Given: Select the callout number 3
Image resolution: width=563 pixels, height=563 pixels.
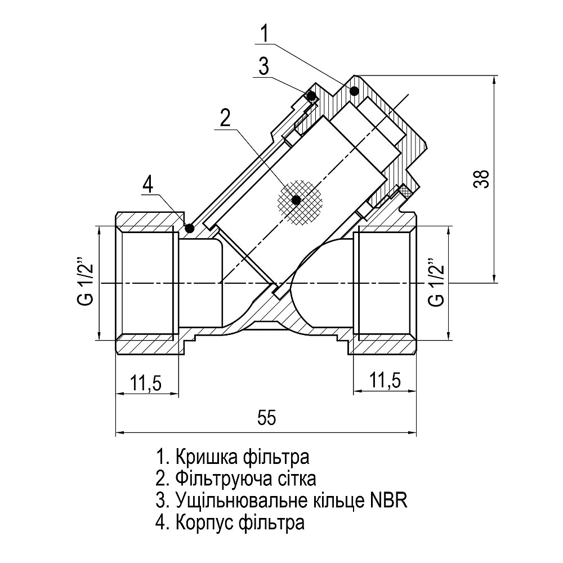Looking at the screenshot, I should click(x=263, y=66).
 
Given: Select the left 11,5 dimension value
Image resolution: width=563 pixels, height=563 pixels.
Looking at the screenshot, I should click(x=146, y=382).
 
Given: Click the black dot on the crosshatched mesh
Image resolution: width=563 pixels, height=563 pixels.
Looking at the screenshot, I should click(x=297, y=200).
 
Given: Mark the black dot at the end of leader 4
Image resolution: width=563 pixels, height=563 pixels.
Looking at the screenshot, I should click(x=190, y=228).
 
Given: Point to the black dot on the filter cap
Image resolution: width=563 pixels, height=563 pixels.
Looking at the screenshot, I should click(x=354, y=91).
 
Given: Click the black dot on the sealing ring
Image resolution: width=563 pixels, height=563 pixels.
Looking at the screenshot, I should click(x=310, y=95).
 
